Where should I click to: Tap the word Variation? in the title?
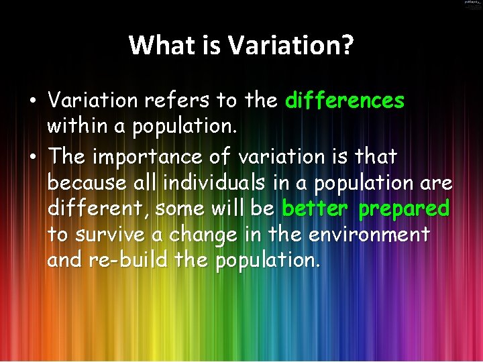[x=291, y=46]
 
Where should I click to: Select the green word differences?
[x=345, y=101]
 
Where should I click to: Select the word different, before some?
[x=99, y=208]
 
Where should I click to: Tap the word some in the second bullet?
[x=181, y=208]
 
